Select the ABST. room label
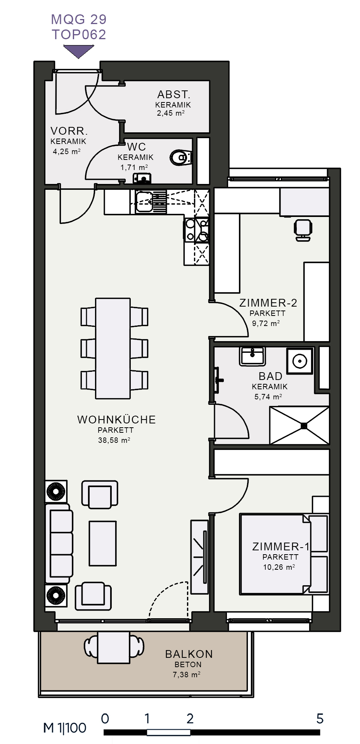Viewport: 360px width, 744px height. click(x=173, y=94)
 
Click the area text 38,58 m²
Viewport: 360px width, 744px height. click(x=114, y=440)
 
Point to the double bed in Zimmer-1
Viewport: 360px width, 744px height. click(x=276, y=554)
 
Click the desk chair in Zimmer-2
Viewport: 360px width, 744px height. click(x=303, y=230)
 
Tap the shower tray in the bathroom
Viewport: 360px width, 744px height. click(x=299, y=425)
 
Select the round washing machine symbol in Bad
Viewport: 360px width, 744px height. click(x=300, y=361)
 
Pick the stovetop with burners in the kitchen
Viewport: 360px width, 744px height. click(x=190, y=230)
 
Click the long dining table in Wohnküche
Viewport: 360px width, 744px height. click(x=113, y=349)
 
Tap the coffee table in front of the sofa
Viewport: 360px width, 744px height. click(x=103, y=543)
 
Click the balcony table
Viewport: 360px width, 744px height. click(x=114, y=647)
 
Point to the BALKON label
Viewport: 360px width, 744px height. click(x=189, y=654)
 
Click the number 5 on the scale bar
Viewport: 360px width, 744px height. click(x=320, y=719)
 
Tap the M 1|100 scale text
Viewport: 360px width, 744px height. click(x=65, y=728)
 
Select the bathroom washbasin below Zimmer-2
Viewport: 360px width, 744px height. click(x=253, y=356)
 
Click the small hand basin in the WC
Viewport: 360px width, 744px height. click(x=142, y=179)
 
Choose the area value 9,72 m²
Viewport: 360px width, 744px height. click(x=266, y=323)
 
